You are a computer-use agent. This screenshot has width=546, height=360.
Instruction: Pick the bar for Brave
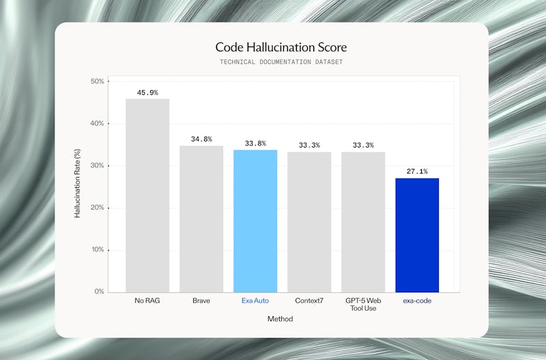tap(201, 219)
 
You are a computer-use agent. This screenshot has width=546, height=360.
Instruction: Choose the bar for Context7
tap(309, 222)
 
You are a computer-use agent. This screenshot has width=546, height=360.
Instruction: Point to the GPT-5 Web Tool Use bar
tap(363, 222)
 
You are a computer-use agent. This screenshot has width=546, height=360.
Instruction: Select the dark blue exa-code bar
tap(417, 235)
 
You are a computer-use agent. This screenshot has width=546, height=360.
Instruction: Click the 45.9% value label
tap(147, 92)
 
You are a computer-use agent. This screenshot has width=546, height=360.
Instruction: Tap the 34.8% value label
tap(201, 139)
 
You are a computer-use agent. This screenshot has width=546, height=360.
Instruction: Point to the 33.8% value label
tap(255, 143)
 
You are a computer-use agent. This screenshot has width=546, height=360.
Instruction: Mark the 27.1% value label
tap(417, 171)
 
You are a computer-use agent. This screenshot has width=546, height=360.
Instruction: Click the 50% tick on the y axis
tap(97, 81)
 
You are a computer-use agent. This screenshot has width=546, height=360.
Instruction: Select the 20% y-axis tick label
tap(97, 208)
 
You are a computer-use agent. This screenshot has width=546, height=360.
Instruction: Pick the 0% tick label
tap(100, 292)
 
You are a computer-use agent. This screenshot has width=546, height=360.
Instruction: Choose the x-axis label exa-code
tap(417, 300)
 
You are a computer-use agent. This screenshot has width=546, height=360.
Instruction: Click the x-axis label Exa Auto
tap(255, 300)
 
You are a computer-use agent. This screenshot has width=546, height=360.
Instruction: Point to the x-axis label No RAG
tap(147, 300)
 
